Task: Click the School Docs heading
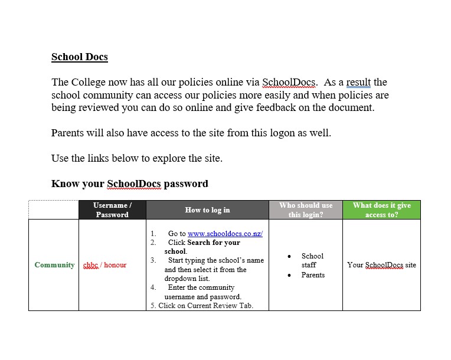(80, 57)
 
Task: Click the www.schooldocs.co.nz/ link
(225, 234)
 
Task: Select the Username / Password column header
(112, 210)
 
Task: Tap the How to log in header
(207, 210)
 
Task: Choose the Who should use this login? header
(306, 210)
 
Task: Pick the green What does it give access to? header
(381, 210)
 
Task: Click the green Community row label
(54, 265)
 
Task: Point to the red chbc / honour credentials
(105, 265)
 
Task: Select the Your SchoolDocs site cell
(381, 265)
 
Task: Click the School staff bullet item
(312, 260)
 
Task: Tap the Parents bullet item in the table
(313, 275)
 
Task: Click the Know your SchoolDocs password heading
(130, 184)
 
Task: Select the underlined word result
(358, 83)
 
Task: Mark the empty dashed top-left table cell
(54, 210)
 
